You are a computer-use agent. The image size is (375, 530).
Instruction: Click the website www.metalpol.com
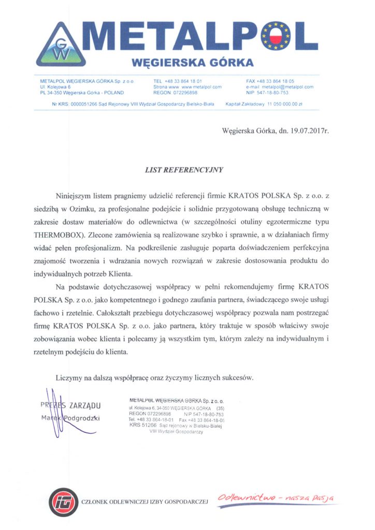point(199,87)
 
